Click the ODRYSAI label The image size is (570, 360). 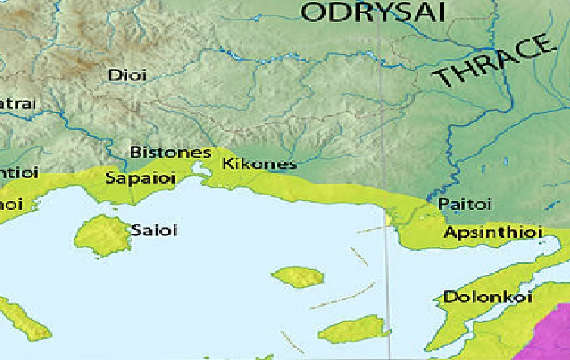tap(374, 12)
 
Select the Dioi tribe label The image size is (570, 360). tap(128, 75)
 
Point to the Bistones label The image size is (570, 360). tap(171, 152)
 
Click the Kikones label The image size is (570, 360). tap(259, 164)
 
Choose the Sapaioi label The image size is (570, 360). tap(140, 178)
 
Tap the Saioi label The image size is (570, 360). tap(154, 231)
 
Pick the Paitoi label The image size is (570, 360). tap(465, 204)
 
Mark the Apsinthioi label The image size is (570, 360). tap(493, 233)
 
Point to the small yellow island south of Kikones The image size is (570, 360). tap(298, 277)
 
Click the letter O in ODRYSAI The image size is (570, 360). tap(313, 12)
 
